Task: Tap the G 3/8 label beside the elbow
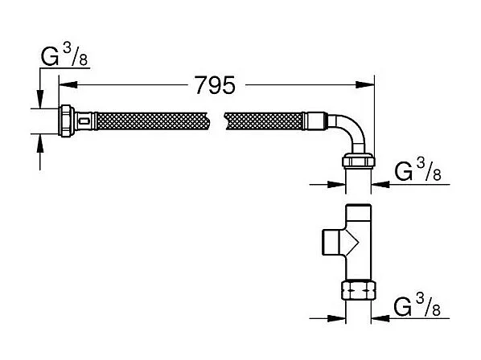(416, 170)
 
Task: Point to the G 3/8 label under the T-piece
(416, 307)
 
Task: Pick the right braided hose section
(265, 122)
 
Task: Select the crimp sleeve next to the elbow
(315, 122)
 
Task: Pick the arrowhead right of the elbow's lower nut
(377, 184)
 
